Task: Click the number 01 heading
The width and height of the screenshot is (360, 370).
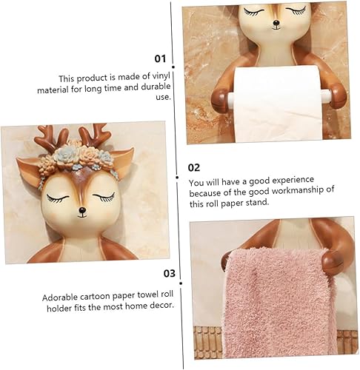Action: pos(160,59)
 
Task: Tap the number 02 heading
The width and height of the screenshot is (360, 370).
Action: pos(194,168)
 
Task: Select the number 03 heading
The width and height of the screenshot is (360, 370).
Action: pos(170,273)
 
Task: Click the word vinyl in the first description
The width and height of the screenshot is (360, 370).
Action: pos(161,76)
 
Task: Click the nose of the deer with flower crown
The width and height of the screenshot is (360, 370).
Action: pos(82,211)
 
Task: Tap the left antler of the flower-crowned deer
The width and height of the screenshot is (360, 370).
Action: pos(47,138)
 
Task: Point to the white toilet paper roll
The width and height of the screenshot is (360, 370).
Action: pos(278,104)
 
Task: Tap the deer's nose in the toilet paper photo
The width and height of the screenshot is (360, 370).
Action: pos(276,24)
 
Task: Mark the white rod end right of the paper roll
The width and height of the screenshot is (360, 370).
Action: pos(326,96)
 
